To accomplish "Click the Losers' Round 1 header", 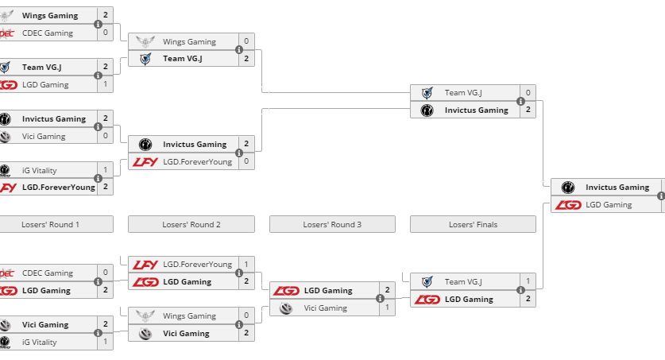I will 48,224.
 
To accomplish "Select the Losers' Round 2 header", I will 191,224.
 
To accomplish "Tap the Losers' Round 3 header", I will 332,224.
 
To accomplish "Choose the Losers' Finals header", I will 473,224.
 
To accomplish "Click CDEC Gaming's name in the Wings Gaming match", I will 48,33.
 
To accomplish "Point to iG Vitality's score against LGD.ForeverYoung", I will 105,169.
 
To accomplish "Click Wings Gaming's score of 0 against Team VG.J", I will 246,41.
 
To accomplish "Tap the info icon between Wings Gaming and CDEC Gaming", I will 98,24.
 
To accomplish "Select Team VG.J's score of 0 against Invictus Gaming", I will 528,93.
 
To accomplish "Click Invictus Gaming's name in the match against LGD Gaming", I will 617,187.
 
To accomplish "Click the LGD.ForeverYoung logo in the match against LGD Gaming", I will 145,264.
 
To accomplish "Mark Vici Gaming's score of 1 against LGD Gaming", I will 387,308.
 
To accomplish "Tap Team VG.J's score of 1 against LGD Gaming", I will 528,281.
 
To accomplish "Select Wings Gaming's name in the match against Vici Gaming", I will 189,315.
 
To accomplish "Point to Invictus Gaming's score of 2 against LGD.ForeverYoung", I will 246,144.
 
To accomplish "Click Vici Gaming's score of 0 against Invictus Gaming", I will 105,136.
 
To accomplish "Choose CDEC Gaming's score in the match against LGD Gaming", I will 105,273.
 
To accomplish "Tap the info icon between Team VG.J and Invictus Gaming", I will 520,101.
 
